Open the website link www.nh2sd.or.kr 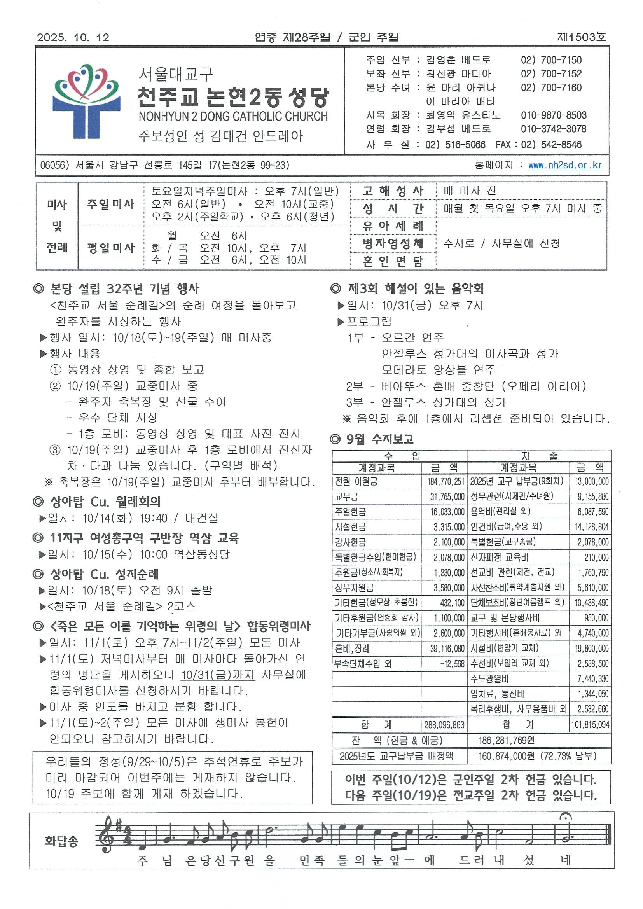pyautogui.click(x=565, y=165)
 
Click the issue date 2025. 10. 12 pyautogui.click(x=73, y=37)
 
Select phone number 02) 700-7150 pyautogui.click(x=551, y=60)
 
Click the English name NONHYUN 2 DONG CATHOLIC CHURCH pyautogui.click(x=233, y=116)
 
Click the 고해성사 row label pyautogui.click(x=393, y=191)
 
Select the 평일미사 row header pyautogui.click(x=111, y=248)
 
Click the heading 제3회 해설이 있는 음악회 pyautogui.click(x=415, y=288)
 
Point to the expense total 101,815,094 pyautogui.click(x=590, y=725)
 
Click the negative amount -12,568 pyautogui.click(x=452, y=664)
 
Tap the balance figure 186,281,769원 pyautogui.click(x=507, y=740)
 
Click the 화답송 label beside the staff pyautogui.click(x=61, y=841)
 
